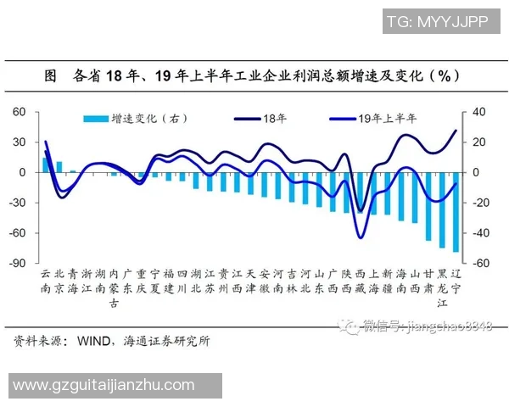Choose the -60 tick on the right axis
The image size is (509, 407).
480,264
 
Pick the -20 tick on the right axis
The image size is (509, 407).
480,203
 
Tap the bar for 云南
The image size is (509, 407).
46,165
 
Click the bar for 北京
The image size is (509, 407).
59,167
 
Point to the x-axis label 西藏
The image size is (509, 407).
360,281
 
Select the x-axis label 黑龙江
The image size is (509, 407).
442,288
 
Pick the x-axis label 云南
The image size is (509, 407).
46,281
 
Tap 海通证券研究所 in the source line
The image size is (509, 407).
168,341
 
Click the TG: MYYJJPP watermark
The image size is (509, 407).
435,20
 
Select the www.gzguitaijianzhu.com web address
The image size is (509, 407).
103,386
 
